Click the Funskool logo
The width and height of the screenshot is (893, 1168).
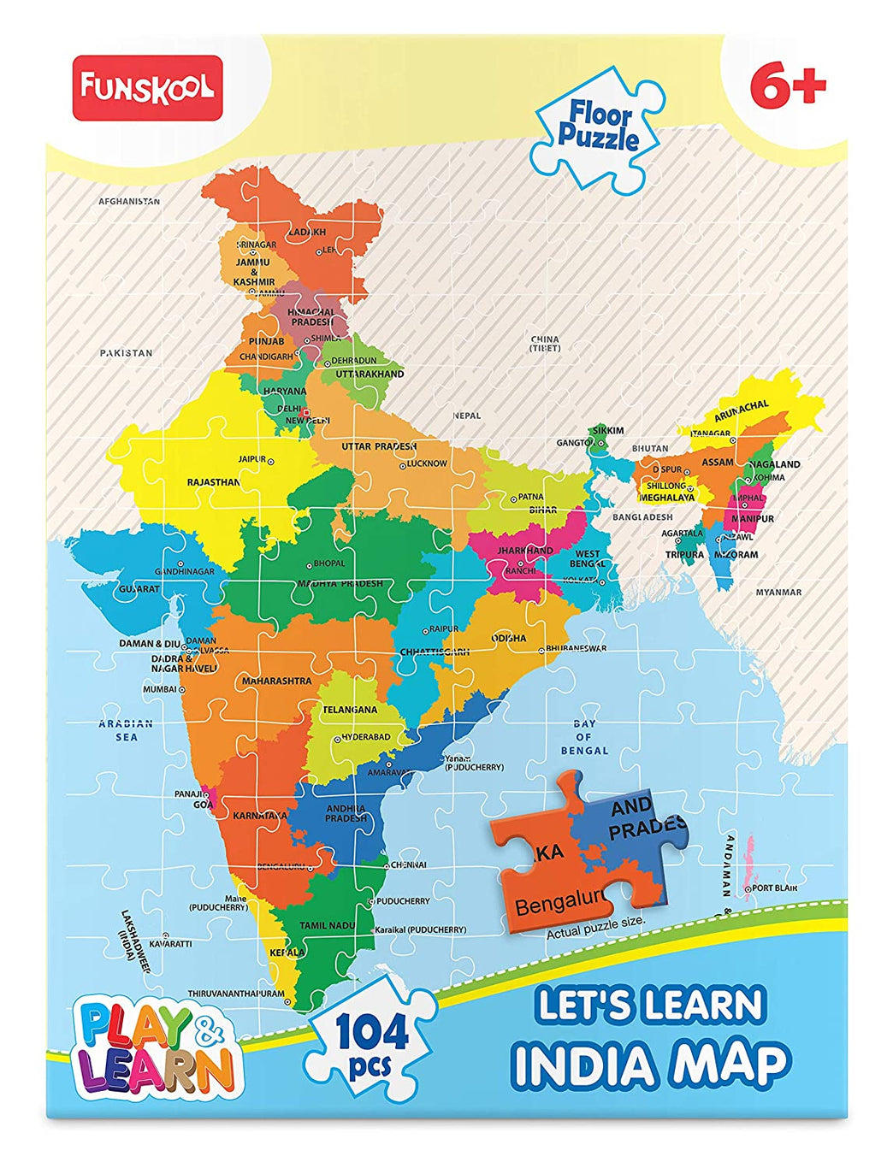pos(147,87)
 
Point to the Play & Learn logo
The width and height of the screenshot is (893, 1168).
pos(157,1049)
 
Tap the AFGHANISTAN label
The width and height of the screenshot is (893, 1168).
pos(129,202)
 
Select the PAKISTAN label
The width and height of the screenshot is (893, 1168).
pos(126,352)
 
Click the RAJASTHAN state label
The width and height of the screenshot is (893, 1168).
pos(214,482)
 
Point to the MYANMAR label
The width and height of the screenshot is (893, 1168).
pos(778,592)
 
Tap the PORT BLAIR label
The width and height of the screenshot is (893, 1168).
pos(775,888)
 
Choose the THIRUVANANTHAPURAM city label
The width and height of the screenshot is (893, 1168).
pos(235,994)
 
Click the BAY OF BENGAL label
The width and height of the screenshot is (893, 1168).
pos(584,737)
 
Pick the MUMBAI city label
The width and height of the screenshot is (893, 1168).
pos(159,689)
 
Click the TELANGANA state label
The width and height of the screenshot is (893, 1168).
pos(350,710)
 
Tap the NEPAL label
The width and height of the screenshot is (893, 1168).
pos(467,416)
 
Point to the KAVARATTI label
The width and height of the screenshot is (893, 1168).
pos(170,943)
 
